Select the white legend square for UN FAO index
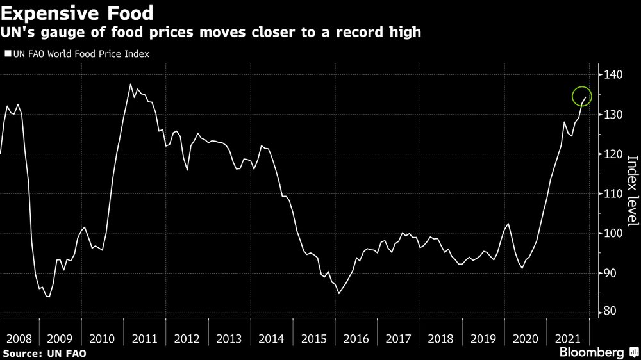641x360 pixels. pyautogui.click(x=7, y=54)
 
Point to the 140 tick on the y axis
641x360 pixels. pyautogui.click(x=613, y=75)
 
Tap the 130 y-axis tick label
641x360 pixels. pyautogui.click(x=613, y=115)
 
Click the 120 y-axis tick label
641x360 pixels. pyautogui.click(x=613, y=154)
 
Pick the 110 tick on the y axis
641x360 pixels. pyautogui.click(x=613, y=194)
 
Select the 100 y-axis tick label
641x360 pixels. pyautogui.click(x=613, y=234)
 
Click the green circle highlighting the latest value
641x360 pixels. pyautogui.click(x=582, y=97)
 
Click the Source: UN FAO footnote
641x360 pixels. pyautogui.click(x=44, y=353)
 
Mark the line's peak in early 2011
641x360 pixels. pyautogui.click(x=131, y=84)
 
